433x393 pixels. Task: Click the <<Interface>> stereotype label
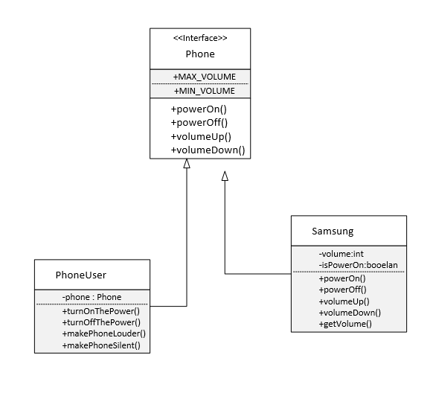199,38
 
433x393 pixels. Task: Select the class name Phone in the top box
199,54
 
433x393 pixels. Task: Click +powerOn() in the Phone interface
198,109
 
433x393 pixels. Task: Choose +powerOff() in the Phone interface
199,122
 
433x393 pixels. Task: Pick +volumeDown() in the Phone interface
208,150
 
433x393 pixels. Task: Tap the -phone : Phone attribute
92,297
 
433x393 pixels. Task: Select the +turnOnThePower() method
101,311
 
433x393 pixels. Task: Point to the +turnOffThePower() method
101,322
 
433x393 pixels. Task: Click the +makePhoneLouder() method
104,333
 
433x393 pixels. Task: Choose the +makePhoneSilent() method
103,345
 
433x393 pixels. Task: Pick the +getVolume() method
345,325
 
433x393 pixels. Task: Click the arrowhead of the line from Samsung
225,176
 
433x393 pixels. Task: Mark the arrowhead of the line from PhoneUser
187,164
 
